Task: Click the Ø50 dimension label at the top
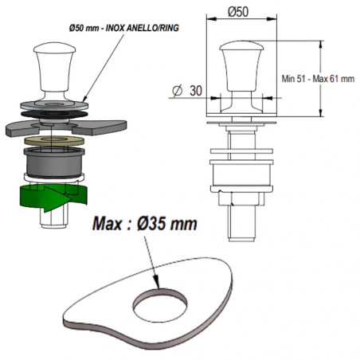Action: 238,12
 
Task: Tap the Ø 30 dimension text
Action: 187,91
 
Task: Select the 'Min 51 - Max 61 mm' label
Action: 318,79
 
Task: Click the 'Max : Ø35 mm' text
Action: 145,224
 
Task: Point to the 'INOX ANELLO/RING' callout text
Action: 143,28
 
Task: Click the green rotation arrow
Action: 53,198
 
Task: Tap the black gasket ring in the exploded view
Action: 54,114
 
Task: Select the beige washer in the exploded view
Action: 54,140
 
